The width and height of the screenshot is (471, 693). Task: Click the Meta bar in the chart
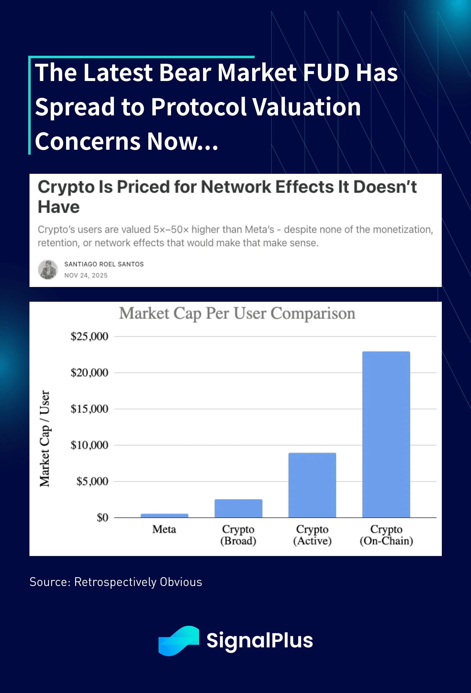tap(164, 515)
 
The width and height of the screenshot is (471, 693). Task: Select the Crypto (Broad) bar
tap(238, 508)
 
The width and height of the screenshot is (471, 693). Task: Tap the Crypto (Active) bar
tap(312, 485)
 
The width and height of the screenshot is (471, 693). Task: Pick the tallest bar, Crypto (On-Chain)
tap(386, 434)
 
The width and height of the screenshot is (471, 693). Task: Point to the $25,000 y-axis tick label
tap(89, 336)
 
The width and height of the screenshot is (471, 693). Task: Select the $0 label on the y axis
tap(102, 517)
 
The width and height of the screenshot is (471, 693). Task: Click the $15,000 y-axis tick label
tap(89, 408)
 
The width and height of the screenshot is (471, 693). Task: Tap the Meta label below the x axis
tap(164, 529)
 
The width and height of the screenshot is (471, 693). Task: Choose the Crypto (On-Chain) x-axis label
tap(386, 535)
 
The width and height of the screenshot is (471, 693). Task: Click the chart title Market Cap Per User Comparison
tap(237, 313)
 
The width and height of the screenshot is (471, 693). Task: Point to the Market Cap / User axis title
tap(45, 438)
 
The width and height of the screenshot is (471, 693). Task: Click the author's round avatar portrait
tap(48, 270)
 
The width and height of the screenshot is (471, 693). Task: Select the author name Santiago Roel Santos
tap(104, 264)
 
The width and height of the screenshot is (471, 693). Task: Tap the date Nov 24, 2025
tap(86, 275)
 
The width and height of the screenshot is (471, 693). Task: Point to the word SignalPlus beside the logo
tap(260, 640)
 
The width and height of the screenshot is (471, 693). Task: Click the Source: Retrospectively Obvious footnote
tap(116, 582)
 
